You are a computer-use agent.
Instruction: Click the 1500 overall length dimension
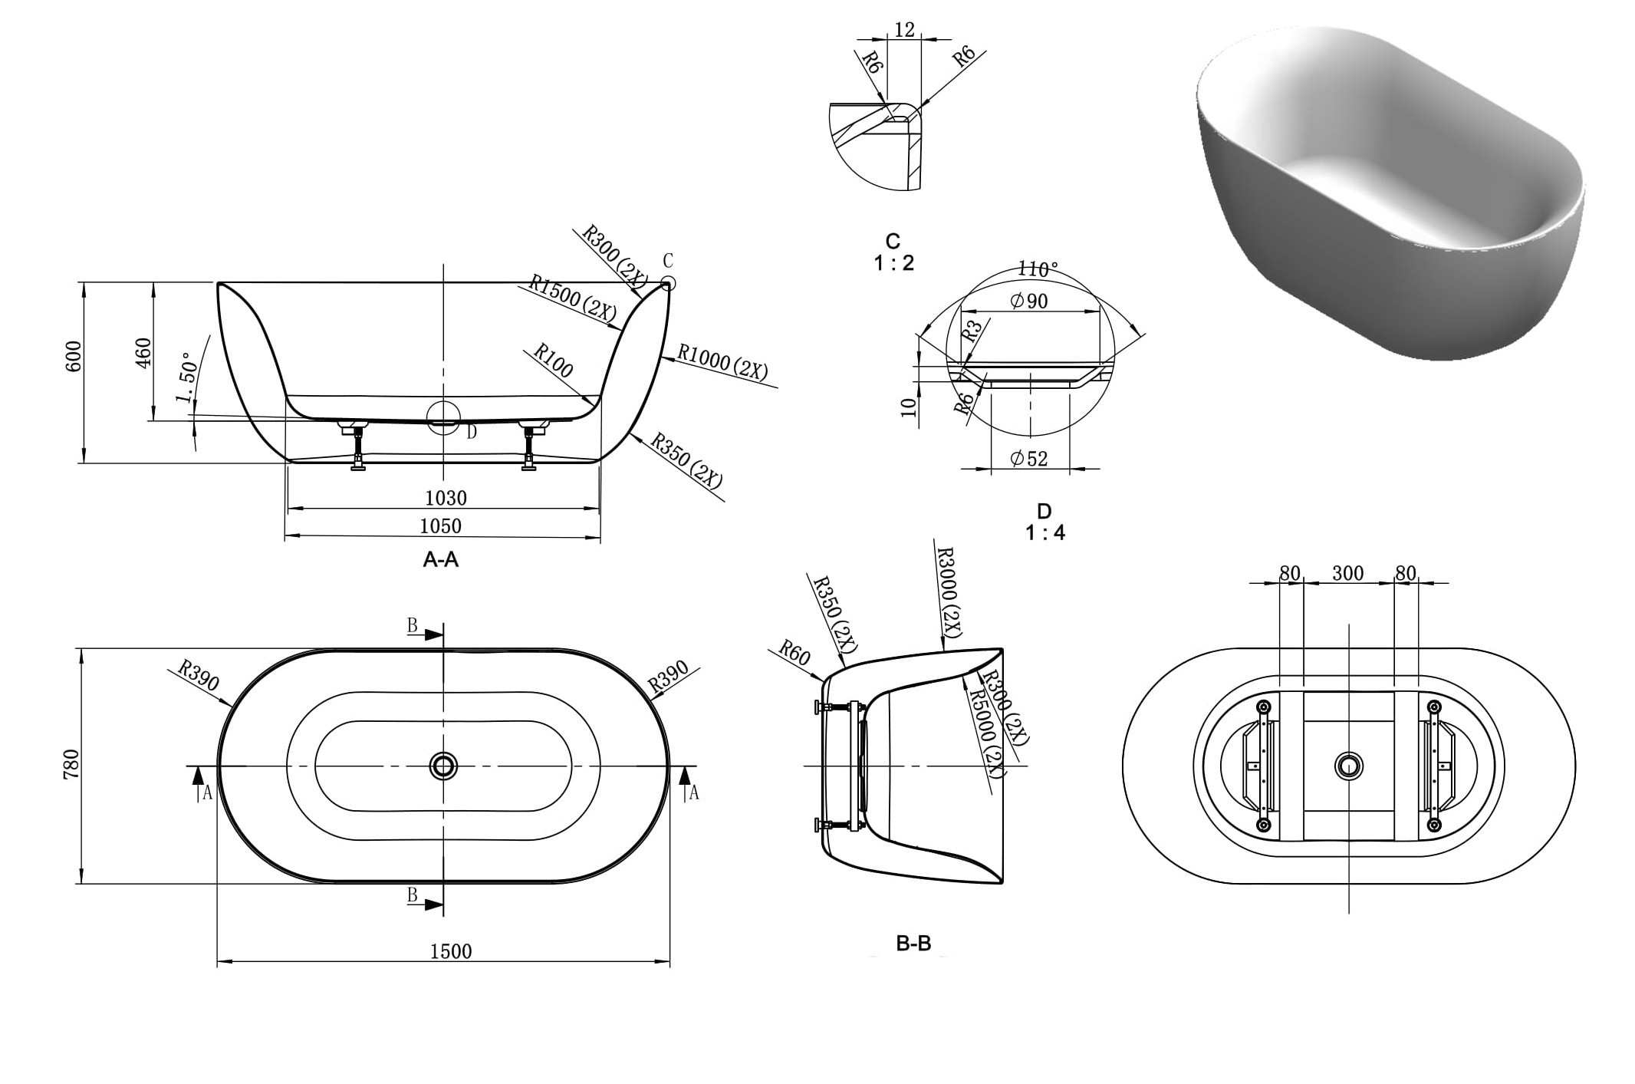point(450,951)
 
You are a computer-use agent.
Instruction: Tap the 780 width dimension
point(71,765)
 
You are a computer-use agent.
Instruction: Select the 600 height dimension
point(74,357)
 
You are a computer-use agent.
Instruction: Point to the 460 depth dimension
point(143,353)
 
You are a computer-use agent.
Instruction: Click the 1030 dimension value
point(446,499)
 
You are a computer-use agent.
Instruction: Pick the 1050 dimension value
point(440,526)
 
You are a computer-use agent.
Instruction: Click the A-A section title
point(441,560)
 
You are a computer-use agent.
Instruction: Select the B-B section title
point(913,944)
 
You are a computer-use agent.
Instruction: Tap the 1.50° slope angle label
point(187,377)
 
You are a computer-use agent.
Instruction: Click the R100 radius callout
point(553,361)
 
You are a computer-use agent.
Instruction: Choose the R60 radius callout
point(794,653)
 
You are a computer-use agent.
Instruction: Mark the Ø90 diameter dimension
point(1029,301)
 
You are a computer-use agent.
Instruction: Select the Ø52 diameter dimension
point(1029,459)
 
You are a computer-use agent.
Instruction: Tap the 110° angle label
point(1037,269)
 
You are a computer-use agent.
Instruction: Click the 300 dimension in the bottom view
point(1347,573)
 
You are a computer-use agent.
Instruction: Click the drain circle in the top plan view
point(442,765)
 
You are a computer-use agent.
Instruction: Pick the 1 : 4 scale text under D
point(1045,532)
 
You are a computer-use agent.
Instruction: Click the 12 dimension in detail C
point(905,29)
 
